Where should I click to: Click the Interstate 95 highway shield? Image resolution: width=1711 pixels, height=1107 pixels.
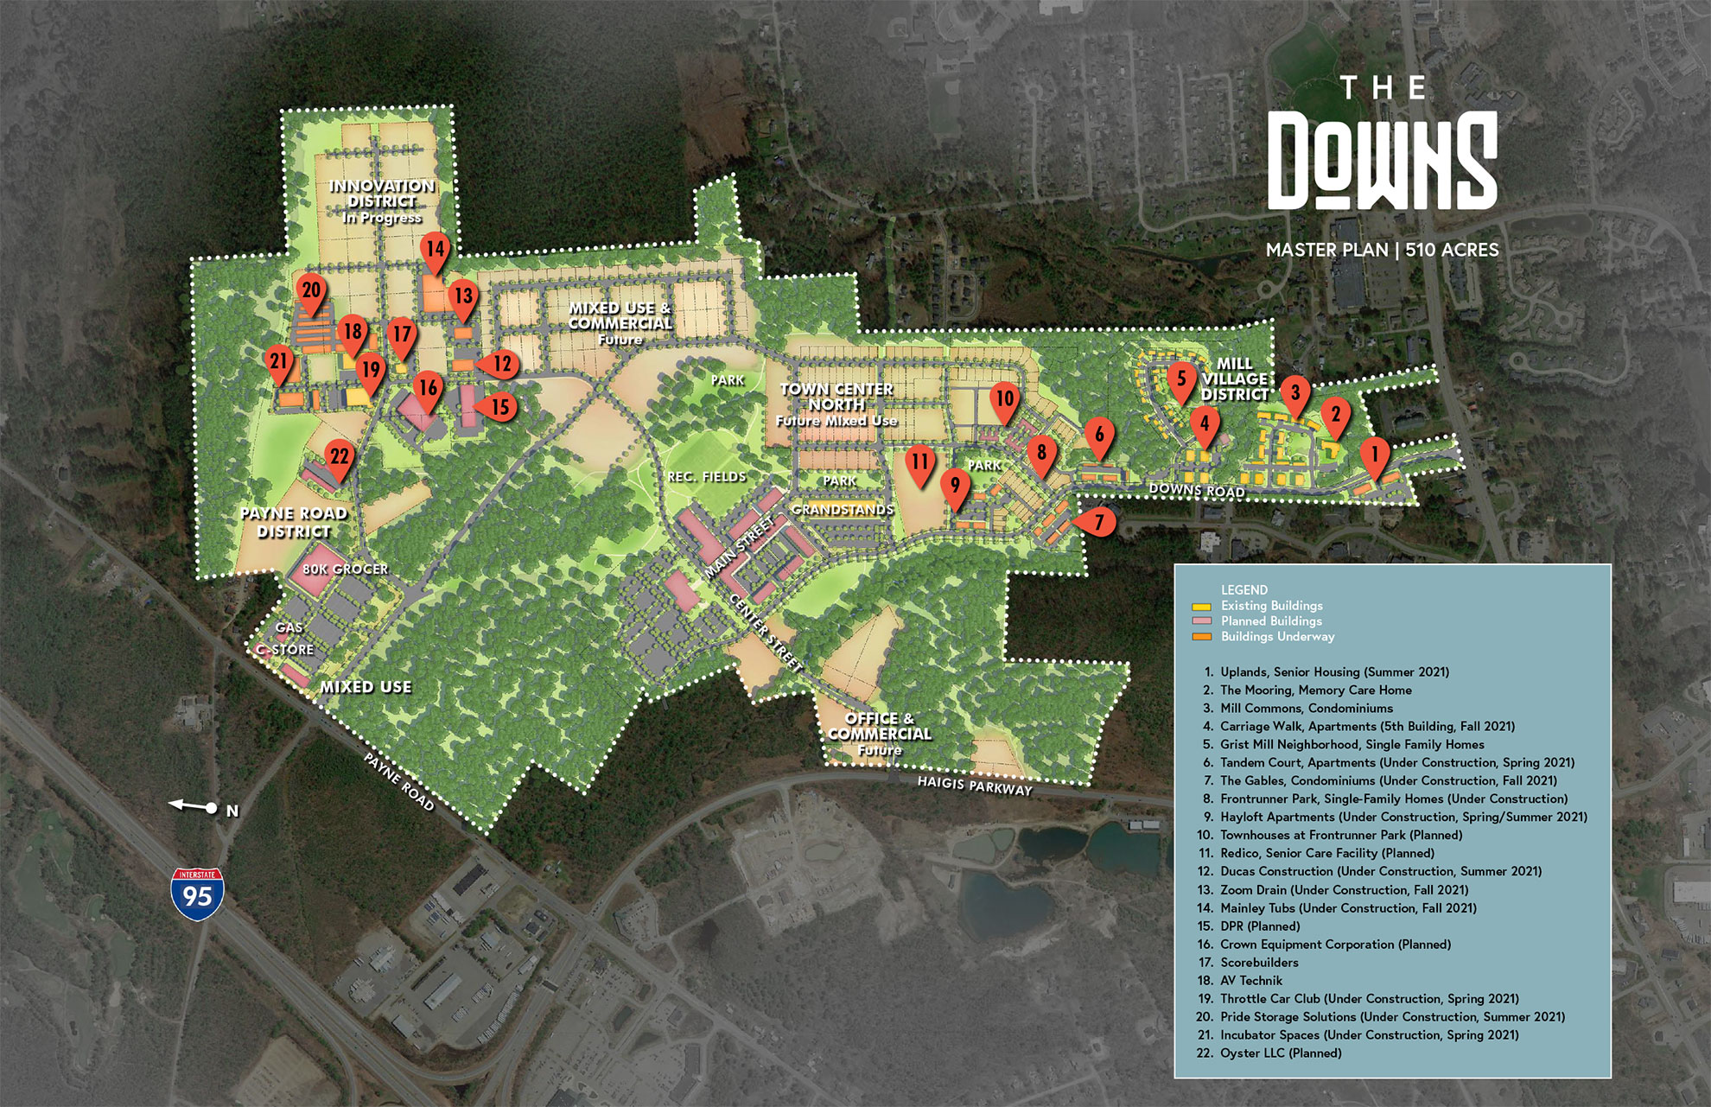(197, 894)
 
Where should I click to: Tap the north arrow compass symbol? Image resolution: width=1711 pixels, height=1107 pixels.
(194, 807)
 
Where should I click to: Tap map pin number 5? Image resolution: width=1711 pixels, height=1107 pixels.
(1181, 380)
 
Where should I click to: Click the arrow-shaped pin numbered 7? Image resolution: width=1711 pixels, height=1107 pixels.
(1096, 522)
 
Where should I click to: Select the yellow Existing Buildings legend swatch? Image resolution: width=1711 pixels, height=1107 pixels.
(1201, 607)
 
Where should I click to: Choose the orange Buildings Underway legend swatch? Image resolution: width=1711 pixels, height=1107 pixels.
(1201, 637)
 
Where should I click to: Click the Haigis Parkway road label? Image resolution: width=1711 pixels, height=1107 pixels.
(974, 786)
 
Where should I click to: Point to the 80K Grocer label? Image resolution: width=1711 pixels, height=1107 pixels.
(345, 569)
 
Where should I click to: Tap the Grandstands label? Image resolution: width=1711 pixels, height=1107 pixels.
(843, 510)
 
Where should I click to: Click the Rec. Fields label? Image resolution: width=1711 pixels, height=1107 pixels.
(706, 477)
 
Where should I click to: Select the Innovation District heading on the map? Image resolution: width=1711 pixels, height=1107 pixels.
(381, 194)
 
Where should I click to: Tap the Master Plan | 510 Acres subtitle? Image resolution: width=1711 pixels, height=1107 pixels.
(1382, 250)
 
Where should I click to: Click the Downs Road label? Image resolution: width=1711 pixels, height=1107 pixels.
(1197, 491)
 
